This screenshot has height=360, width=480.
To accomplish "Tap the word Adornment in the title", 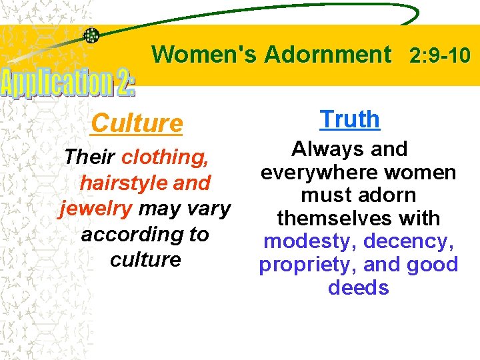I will (327, 54).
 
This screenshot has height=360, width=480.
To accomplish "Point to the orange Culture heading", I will (136, 123).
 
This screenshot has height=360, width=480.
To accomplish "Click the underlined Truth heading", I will (350, 119).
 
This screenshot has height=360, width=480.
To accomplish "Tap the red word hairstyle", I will (118, 183).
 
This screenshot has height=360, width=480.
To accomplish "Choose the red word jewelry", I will (96, 209).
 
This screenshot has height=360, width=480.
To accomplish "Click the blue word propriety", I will (301, 265).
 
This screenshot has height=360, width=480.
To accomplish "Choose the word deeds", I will (359, 288).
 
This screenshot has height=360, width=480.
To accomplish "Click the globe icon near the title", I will (91, 35).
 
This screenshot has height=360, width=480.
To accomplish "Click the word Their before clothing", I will (90, 157).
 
